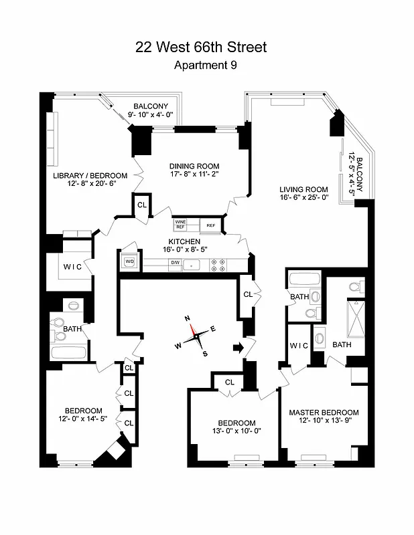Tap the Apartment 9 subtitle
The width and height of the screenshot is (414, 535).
click(205, 66)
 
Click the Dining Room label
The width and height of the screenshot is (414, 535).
click(194, 167)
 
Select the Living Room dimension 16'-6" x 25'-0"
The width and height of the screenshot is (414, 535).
click(303, 198)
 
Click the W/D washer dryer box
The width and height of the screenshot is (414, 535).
click(129, 261)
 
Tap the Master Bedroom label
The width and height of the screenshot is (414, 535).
click(324, 413)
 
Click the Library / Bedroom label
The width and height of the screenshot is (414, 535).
click(90, 176)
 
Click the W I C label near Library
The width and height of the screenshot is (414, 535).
click(73, 267)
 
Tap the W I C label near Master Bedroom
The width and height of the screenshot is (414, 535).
click(299, 345)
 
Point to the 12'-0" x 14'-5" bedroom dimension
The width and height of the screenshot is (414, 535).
click(83, 419)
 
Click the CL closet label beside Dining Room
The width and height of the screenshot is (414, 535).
click(142, 205)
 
